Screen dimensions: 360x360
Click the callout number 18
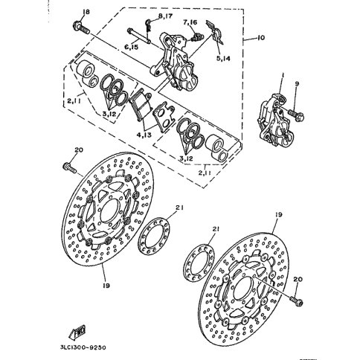[86, 12]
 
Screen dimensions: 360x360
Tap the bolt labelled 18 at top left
[81, 28]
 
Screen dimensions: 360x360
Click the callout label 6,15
[131, 47]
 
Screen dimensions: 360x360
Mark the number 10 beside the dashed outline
[260, 38]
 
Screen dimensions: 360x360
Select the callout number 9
[296, 83]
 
